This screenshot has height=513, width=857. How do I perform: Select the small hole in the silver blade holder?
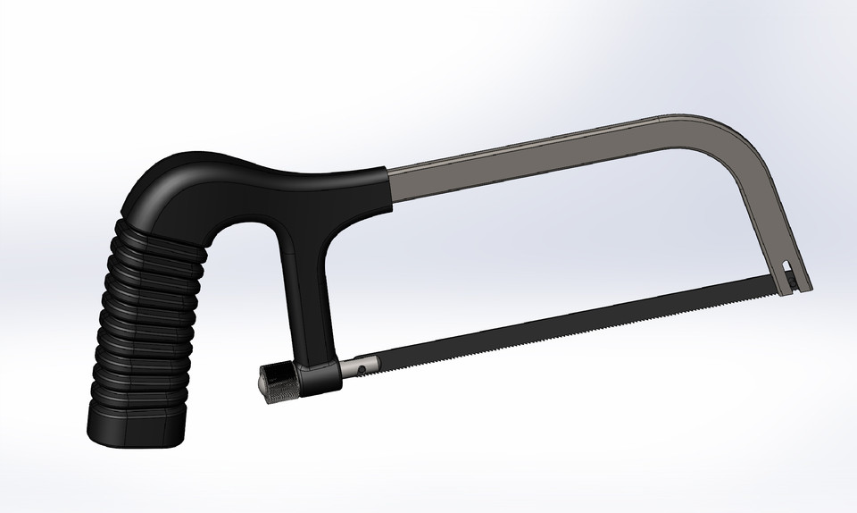pos(362,366)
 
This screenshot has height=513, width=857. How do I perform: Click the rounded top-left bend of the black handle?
pos(165,183)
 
